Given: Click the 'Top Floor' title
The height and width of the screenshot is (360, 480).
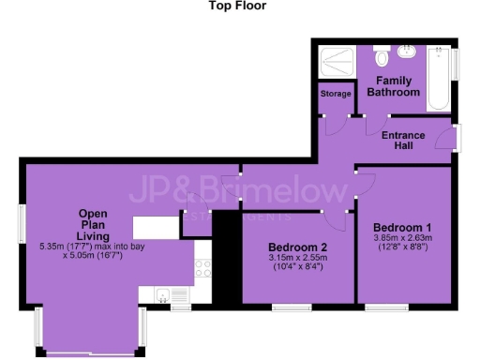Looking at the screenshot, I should coord(239,6).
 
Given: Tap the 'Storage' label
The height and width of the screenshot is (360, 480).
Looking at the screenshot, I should coord(335,94).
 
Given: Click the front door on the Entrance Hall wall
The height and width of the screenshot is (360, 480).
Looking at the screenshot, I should coord(455,138).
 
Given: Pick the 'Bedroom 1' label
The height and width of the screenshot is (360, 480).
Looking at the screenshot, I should coord(402,228).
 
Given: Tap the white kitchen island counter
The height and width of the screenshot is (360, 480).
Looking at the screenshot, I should coord(156,228).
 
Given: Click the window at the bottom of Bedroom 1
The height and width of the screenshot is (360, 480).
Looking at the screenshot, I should coord(384,307).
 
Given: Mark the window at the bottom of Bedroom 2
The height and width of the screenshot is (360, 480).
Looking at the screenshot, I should coord(292,307).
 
